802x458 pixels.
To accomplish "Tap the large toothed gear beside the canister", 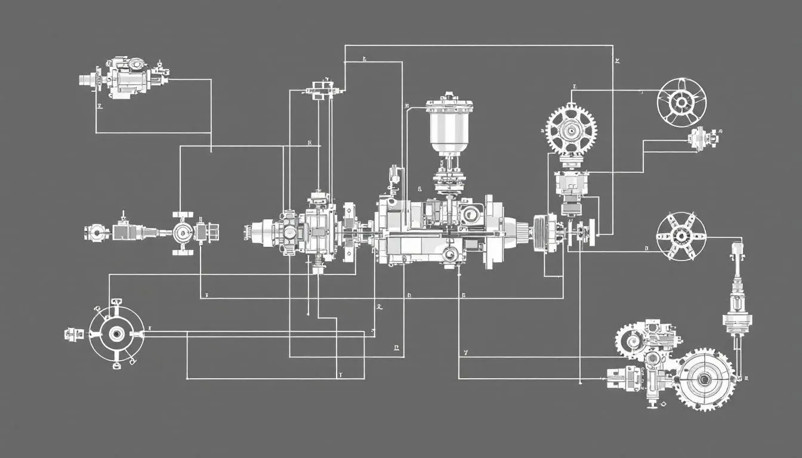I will click(571, 129).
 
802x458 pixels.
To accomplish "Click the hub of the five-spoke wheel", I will click(681, 103).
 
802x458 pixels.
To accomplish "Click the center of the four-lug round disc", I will click(116, 333).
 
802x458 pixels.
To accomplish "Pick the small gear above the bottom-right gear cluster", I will click(630, 340).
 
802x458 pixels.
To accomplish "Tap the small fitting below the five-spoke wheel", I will click(698, 139).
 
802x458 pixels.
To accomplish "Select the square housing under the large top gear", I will click(570, 184).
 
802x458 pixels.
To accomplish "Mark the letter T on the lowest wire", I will click(340, 376).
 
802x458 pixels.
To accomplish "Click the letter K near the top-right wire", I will click(618, 61).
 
